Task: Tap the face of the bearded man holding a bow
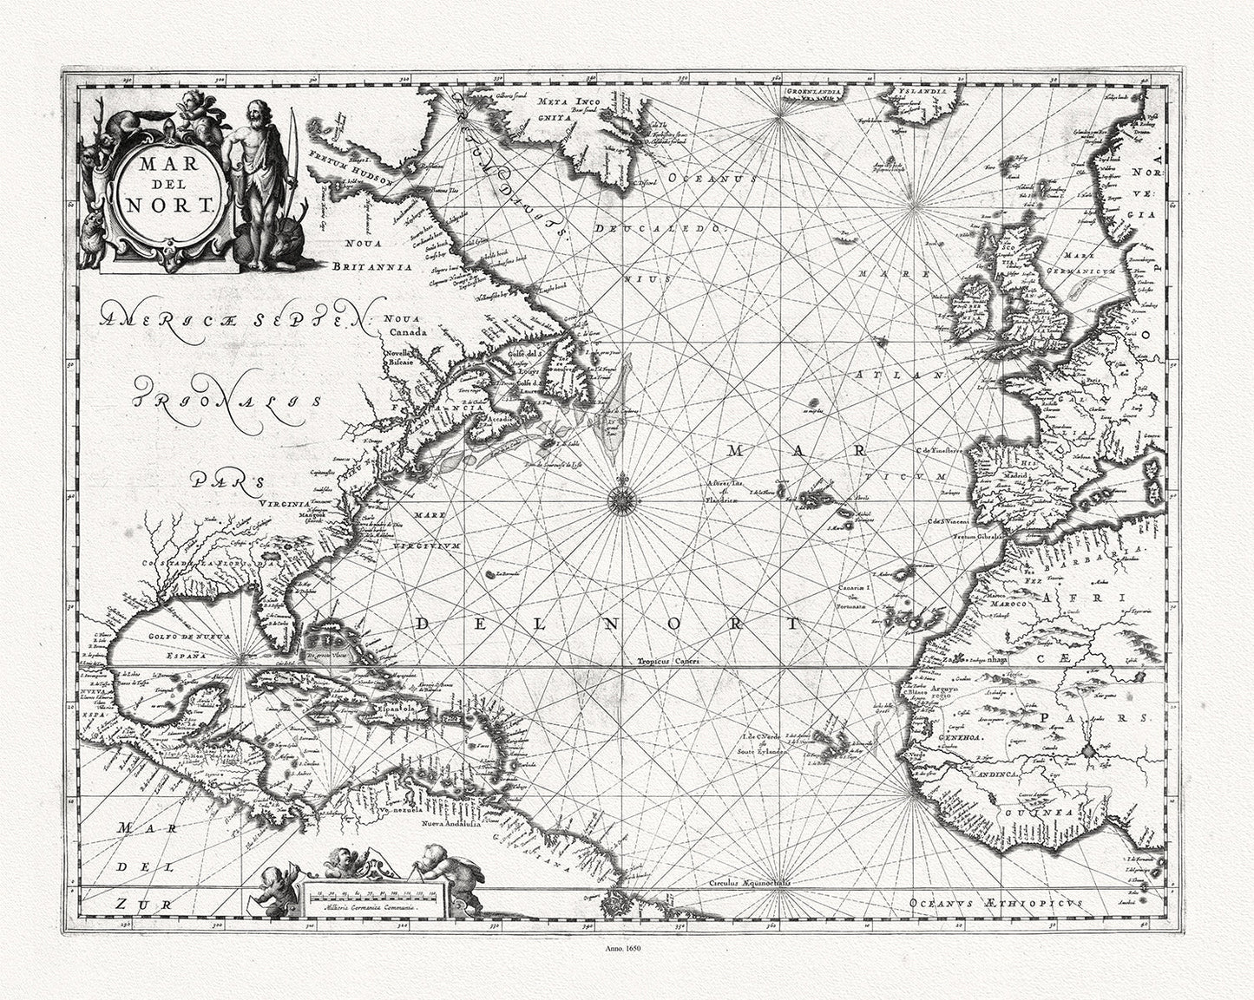251,113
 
